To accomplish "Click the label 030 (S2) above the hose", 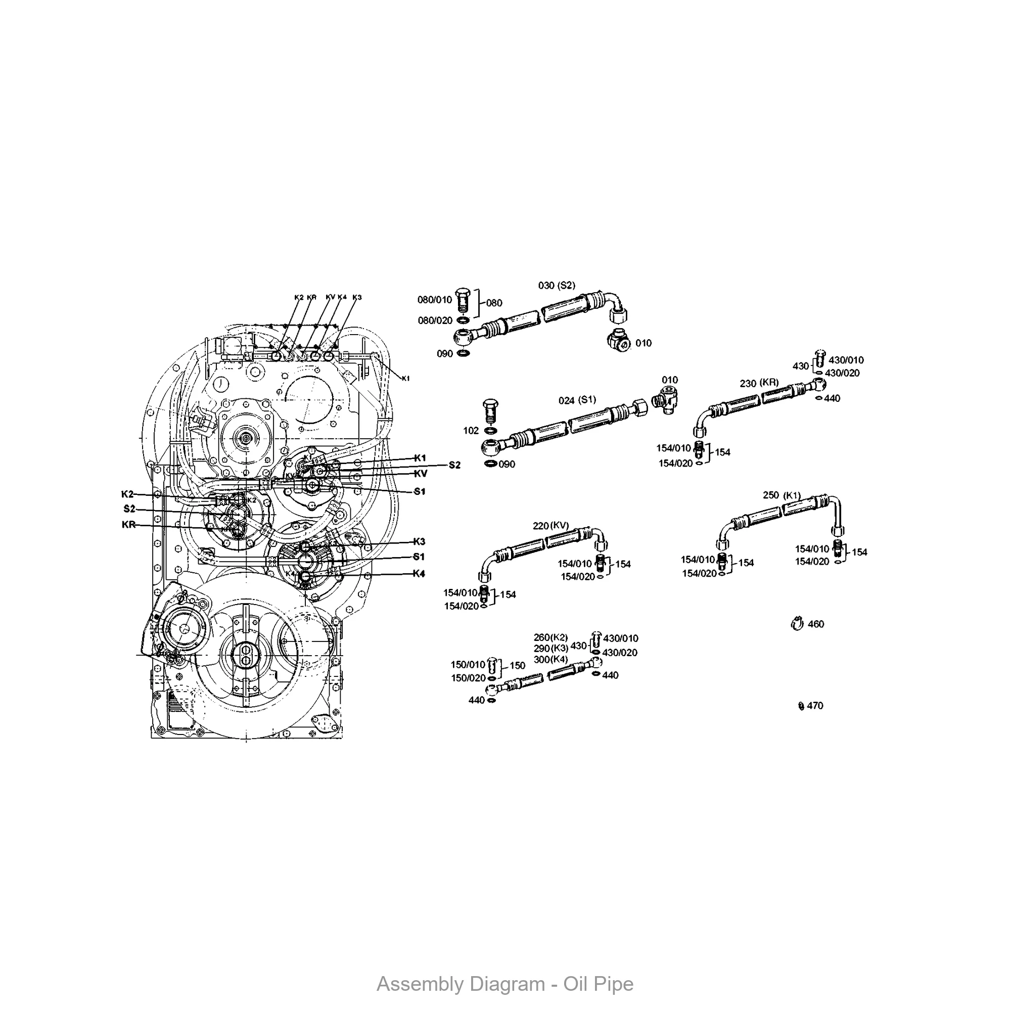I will [x=556, y=286].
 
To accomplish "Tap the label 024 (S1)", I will [x=577, y=400].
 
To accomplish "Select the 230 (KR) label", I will [x=759, y=383].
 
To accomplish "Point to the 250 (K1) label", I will [x=782, y=495].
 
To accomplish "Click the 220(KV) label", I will [x=550, y=525].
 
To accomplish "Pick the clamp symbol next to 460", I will [x=797, y=624].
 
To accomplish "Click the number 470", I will [x=815, y=706].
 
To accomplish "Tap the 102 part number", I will [x=471, y=431].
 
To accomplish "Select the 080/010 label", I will [x=434, y=300].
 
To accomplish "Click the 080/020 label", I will [x=435, y=321].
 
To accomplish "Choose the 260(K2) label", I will [x=550, y=637].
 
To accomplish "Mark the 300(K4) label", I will [x=550, y=659].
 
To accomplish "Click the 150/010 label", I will [x=468, y=665].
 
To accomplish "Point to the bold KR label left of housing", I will [x=129, y=525].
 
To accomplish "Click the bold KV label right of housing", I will [x=420, y=474].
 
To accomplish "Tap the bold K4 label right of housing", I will [x=419, y=574].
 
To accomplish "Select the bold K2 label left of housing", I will [x=127, y=494].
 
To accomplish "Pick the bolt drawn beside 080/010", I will [x=462, y=300].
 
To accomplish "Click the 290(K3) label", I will [x=550, y=649].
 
